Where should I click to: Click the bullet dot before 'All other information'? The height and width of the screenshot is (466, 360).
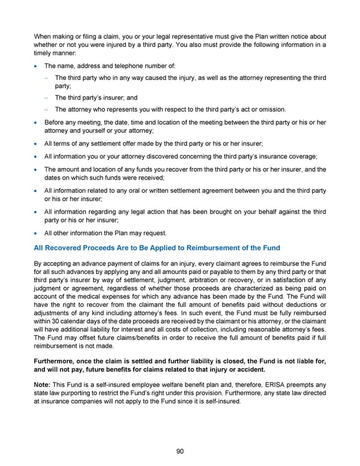click(x=37, y=233)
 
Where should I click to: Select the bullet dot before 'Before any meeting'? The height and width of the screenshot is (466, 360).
click(x=37, y=122)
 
